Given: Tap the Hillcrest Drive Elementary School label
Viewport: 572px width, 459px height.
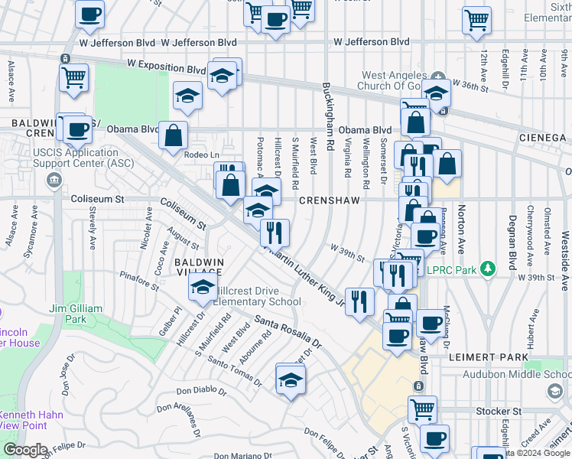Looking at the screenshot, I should point(257,296).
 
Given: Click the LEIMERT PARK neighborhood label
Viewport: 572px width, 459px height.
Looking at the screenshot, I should point(501,357).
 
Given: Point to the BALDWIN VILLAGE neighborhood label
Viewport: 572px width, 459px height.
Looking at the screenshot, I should point(199,267).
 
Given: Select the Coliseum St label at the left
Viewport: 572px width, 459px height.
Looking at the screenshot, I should point(97,199).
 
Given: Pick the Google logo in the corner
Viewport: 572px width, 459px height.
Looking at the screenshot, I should point(24,450).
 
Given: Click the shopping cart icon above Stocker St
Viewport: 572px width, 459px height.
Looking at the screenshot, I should point(421,409).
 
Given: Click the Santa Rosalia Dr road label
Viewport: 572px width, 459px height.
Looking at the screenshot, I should point(288,330).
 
